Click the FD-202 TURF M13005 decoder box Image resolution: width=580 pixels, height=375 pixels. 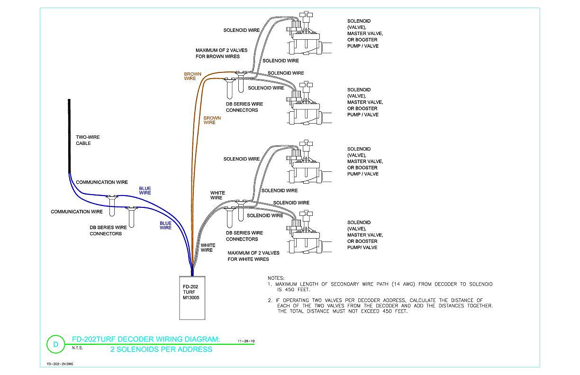tap(192, 298)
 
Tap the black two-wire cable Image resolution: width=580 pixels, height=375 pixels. tap(69, 136)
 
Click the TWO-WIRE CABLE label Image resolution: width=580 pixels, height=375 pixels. tap(88, 140)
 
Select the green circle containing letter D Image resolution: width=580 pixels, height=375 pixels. tap(55, 344)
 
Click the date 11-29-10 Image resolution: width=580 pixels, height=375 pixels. tap(246, 341)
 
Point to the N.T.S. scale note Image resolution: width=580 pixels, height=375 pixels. tap(77, 348)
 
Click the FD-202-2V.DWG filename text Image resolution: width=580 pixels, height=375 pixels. tap(60, 364)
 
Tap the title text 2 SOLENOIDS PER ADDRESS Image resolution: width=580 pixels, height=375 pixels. tap(161, 349)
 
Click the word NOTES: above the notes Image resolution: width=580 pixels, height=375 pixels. tap(276, 278)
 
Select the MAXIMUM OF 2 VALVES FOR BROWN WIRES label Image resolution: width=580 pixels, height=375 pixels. tap(221, 54)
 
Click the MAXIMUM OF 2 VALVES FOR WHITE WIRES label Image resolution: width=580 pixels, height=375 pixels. tap(254, 256)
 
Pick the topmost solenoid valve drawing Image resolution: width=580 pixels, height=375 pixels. tap(308, 33)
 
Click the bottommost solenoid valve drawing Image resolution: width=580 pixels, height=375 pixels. tap(308, 232)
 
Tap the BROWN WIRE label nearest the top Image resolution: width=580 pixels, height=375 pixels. tap(192, 76)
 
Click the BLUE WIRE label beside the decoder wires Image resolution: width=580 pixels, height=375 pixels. tap(165, 225)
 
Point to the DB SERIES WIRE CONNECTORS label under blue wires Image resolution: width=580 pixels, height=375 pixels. tap(108, 230)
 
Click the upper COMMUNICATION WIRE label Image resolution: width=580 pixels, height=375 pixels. tap(102, 182)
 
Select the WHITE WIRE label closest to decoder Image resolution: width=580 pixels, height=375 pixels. tap(208, 248)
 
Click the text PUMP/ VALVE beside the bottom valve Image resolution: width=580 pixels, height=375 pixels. tap(362, 248)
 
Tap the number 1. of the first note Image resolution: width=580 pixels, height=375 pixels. tap(270, 284)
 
